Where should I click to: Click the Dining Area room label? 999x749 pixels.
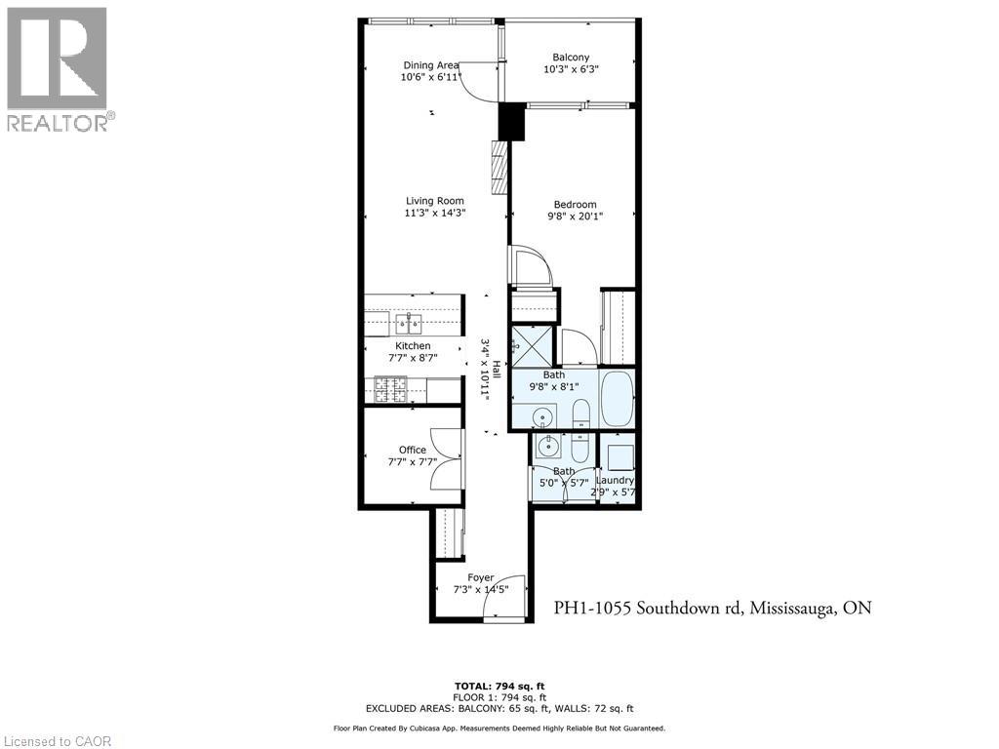tap(430, 65)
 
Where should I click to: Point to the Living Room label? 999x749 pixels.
tap(435, 201)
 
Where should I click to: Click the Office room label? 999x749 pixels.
tap(412, 450)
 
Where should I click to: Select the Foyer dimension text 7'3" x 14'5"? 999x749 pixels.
tap(481, 589)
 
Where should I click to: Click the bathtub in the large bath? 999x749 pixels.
tap(616, 398)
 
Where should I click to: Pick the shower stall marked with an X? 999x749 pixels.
tap(533, 344)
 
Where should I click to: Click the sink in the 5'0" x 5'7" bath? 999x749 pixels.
tap(548, 450)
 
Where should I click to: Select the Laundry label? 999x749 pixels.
tap(615, 480)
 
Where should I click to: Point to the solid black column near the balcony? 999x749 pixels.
tap(511, 122)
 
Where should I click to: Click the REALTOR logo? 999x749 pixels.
tap(58, 68)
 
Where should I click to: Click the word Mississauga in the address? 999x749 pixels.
tap(791, 608)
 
